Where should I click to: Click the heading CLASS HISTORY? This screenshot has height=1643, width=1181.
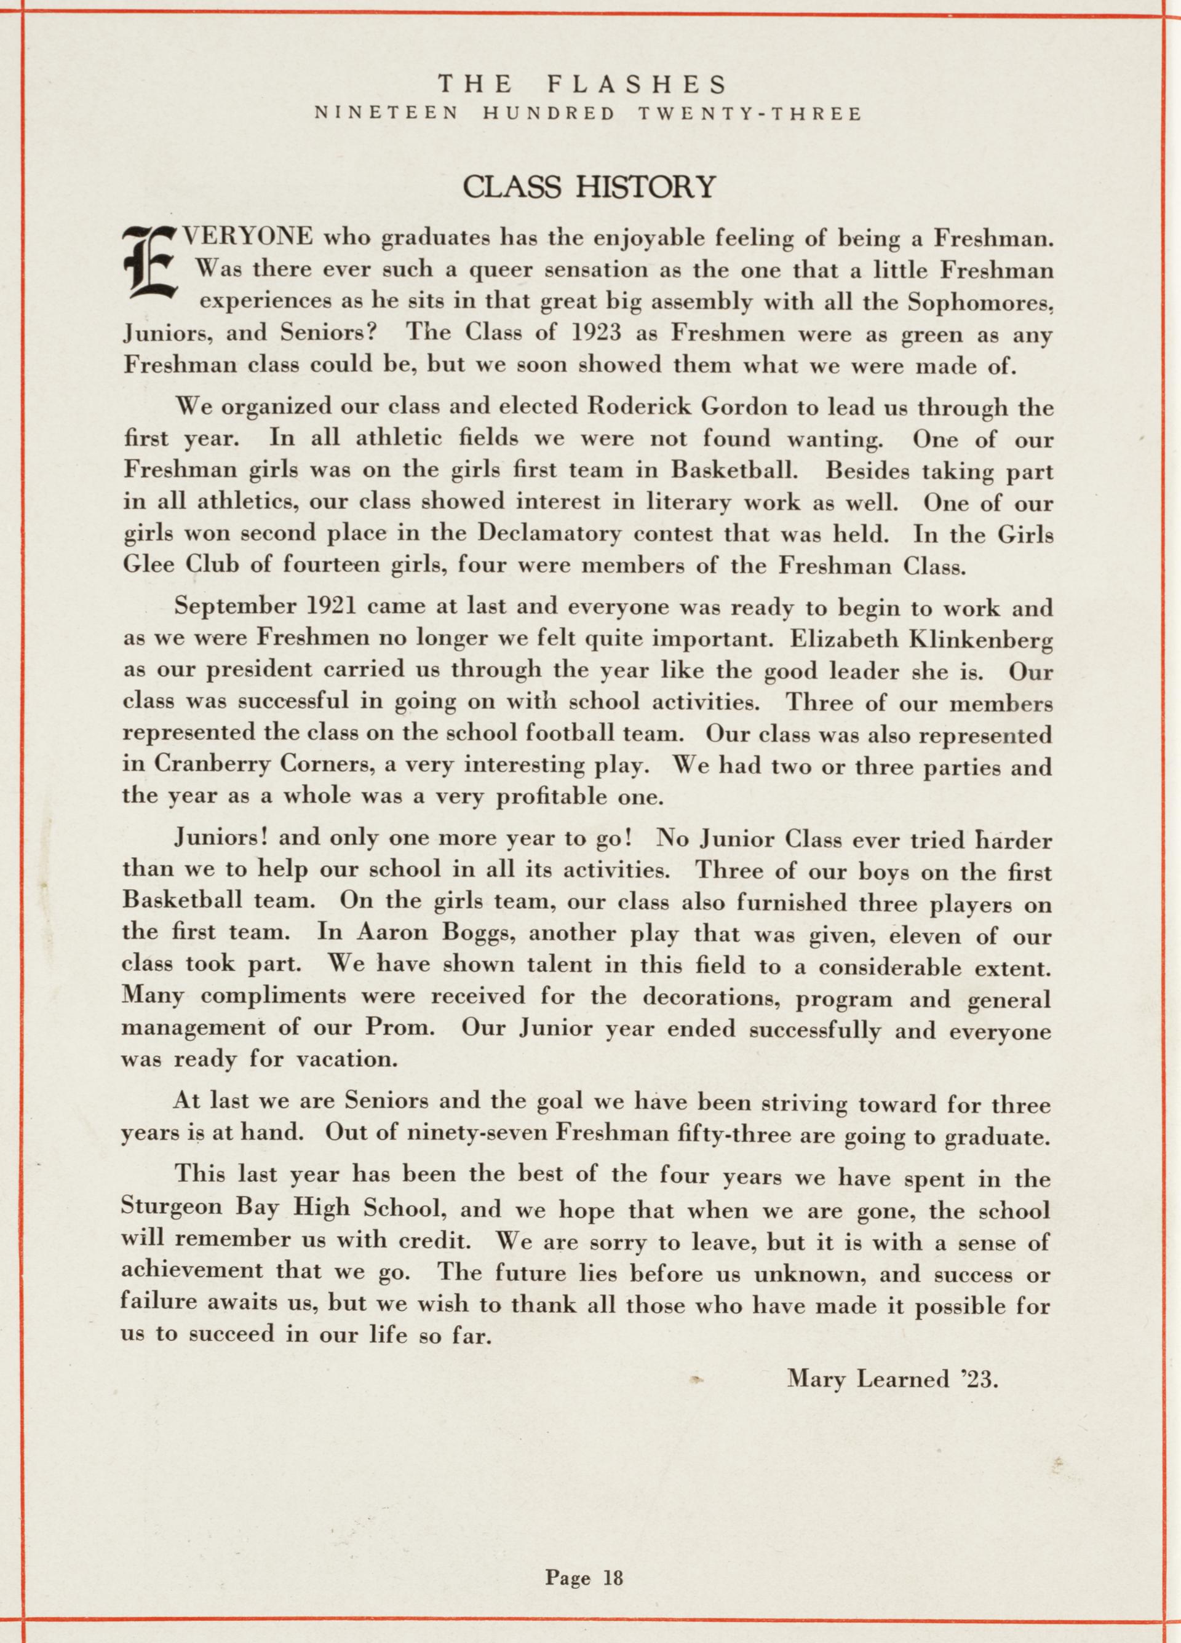(589, 187)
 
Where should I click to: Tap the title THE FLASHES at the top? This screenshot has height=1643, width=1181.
(582, 86)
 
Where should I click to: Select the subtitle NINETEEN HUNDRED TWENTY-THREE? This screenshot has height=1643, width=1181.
(587, 114)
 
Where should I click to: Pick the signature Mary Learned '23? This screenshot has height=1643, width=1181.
(893, 1379)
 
